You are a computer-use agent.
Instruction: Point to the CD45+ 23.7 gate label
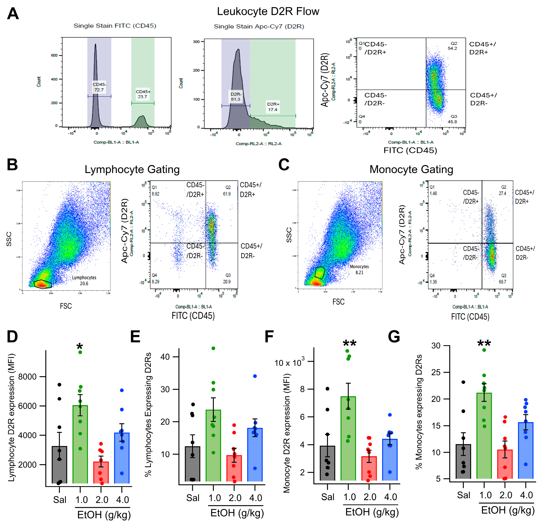click(x=143, y=94)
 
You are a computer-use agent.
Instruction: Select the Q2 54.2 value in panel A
click(x=452, y=46)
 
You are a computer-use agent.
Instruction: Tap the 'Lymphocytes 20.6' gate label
click(x=84, y=280)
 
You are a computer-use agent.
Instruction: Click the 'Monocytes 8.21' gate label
click(x=359, y=269)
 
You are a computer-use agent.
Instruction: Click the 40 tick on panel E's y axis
click(x=165, y=357)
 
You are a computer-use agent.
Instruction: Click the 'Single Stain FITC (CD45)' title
click(x=115, y=26)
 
